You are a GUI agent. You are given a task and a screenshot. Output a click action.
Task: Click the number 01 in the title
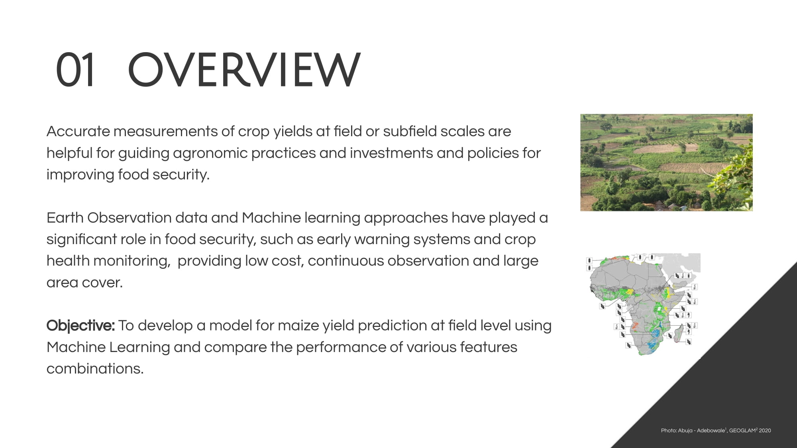(x=75, y=70)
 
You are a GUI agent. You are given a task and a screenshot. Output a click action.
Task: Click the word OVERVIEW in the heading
(x=244, y=70)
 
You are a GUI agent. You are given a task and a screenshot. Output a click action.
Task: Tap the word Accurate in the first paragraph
(x=78, y=131)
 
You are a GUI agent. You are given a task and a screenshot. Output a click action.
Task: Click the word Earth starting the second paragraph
(x=65, y=218)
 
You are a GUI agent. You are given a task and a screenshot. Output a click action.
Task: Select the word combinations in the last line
(x=95, y=369)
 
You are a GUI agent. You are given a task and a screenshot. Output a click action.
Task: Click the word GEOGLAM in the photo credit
(x=742, y=430)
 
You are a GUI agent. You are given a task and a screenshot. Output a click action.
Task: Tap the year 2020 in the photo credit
(x=765, y=430)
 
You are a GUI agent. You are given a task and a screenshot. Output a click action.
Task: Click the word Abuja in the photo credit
(x=685, y=431)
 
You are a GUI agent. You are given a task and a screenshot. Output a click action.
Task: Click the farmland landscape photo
(x=666, y=162)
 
